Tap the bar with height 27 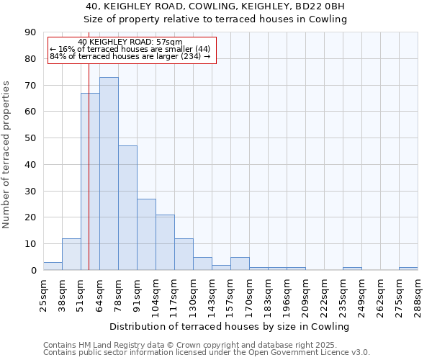point(146,234)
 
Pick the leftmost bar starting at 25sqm point(53,266)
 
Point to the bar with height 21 point(165,242)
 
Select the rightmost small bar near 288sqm point(408,269)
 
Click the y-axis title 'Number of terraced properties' point(7,155)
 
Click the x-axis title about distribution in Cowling point(229,326)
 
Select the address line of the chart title point(225,6)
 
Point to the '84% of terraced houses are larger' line point(130,56)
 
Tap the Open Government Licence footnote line point(207,352)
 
